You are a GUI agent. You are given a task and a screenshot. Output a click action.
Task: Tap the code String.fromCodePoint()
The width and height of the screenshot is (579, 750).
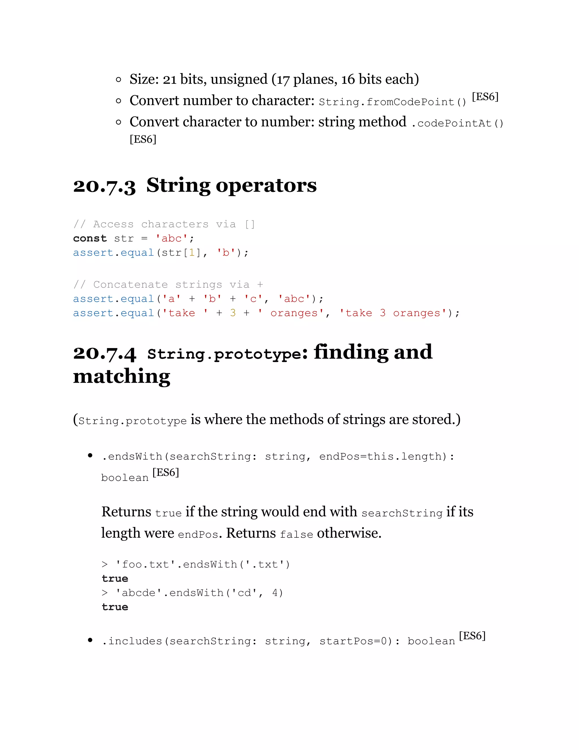click(x=392, y=102)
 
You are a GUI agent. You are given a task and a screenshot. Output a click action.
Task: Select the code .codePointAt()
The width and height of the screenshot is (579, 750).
click(x=457, y=123)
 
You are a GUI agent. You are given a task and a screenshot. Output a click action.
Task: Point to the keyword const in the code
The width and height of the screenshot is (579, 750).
click(x=90, y=238)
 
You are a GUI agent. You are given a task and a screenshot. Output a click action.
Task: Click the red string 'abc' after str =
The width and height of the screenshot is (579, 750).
click(x=172, y=238)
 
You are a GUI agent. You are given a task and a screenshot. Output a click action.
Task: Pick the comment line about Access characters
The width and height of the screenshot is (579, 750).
click(x=164, y=224)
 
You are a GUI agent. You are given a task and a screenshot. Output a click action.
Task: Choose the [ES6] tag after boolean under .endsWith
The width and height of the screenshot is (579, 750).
click(x=166, y=473)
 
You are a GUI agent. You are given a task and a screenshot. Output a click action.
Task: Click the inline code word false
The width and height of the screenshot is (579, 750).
click(x=296, y=534)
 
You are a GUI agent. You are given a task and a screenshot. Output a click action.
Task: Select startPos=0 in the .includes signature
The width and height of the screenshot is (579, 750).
click(x=353, y=641)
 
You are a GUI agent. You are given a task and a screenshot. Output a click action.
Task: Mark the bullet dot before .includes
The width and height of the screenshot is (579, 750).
click(x=90, y=640)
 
